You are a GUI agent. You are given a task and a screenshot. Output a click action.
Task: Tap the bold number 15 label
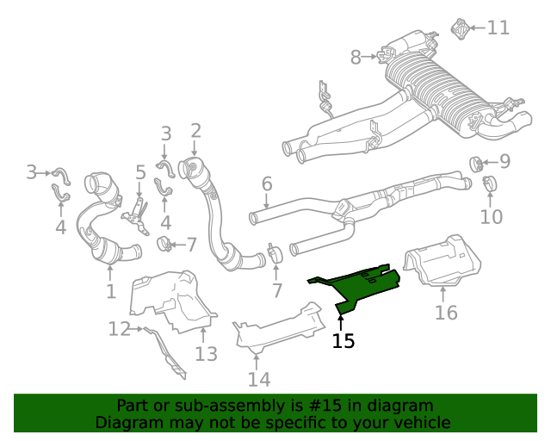(343, 341)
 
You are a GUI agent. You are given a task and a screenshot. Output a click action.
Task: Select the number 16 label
(446, 312)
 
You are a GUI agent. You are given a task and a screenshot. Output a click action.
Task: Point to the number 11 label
(498, 28)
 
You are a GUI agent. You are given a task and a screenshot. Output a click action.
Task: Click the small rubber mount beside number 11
(460, 28)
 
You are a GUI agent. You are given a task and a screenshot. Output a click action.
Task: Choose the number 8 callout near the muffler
(356, 58)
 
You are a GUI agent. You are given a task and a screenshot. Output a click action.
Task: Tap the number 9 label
(505, 161)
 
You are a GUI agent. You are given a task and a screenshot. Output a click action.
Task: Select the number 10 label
(491, 216)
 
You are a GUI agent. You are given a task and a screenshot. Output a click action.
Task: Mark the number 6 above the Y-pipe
(267, 183)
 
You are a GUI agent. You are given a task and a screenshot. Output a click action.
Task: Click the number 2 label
(196, 131)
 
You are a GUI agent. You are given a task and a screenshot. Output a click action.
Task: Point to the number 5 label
(140, 173)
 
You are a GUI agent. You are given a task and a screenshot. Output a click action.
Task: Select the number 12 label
(119, 328)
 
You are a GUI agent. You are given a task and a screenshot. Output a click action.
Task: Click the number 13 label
(206, 352)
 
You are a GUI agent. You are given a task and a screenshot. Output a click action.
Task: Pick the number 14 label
(259, 379)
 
